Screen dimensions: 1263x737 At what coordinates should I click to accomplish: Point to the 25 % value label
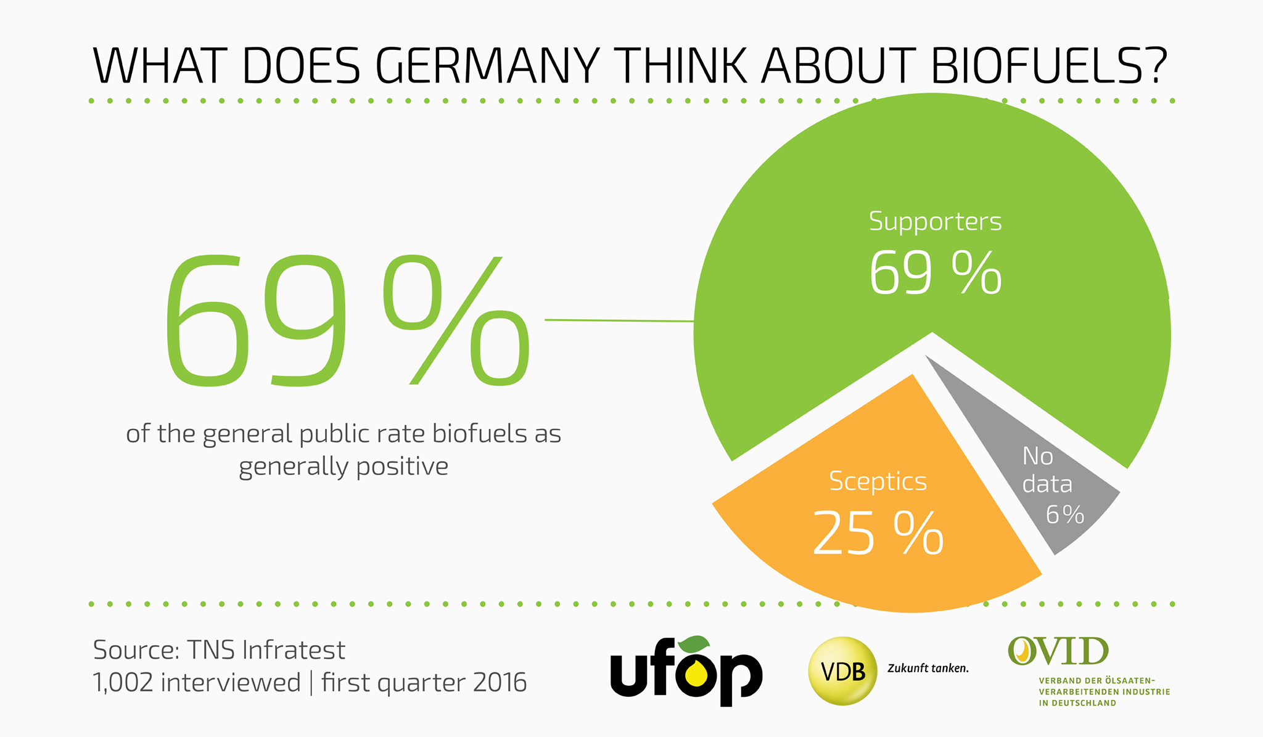878,533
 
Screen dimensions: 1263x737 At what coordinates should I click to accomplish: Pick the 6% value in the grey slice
1065,515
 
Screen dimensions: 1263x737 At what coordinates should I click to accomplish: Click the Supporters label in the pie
935,221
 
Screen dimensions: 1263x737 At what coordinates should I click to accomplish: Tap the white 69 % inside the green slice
935,272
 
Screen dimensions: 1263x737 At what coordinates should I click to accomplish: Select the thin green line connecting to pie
619,320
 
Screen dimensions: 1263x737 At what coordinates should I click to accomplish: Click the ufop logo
686,671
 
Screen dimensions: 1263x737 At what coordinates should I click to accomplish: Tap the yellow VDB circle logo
842,670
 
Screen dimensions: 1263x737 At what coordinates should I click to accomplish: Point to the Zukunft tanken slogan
928,668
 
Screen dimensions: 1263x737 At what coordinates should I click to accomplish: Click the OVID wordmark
1058,651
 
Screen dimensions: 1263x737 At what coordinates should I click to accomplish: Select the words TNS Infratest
266,650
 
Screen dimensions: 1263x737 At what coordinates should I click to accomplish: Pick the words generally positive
344,467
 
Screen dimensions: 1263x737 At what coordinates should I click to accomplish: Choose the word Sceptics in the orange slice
878,481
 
